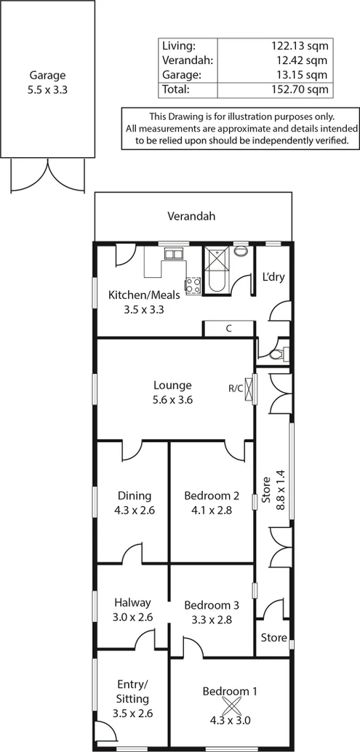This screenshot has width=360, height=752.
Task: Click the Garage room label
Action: point(47,75)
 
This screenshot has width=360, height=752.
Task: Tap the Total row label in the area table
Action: point(177,89)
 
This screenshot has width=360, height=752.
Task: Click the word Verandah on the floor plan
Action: point(191,216)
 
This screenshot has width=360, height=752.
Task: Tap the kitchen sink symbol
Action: point(174,254)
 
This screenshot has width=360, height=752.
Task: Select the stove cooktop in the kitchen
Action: point(193,286)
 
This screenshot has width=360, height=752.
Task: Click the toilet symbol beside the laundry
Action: point(276,355)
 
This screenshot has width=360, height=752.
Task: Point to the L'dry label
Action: point(273,276)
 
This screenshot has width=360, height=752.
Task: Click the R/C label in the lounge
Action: point(236,388)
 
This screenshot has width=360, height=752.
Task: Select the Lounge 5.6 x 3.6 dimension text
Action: point(172,399)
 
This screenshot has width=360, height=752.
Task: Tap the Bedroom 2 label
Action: point(212,496)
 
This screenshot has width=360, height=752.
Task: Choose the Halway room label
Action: point(132,602)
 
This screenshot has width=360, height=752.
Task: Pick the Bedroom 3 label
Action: point(212,604)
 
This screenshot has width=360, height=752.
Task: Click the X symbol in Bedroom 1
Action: point(231,706)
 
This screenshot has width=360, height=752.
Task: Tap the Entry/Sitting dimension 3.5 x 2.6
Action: point(132,713)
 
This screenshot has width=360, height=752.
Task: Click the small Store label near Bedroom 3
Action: point(273,638)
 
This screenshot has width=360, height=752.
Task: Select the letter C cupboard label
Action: point(228,329)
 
